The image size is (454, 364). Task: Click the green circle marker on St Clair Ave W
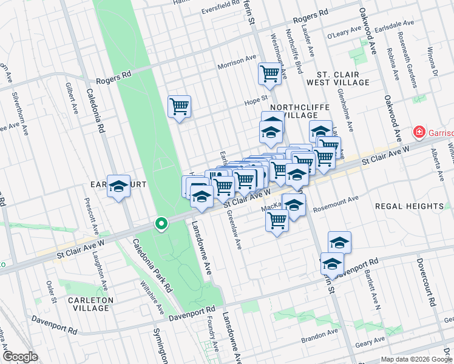161,224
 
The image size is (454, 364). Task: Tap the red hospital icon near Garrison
418,132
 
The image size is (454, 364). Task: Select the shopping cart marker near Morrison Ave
269,74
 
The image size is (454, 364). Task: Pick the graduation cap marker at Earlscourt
119,186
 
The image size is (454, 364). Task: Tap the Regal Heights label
409,206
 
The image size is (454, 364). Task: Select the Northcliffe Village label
299,111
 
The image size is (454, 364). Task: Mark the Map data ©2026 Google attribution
416,359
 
